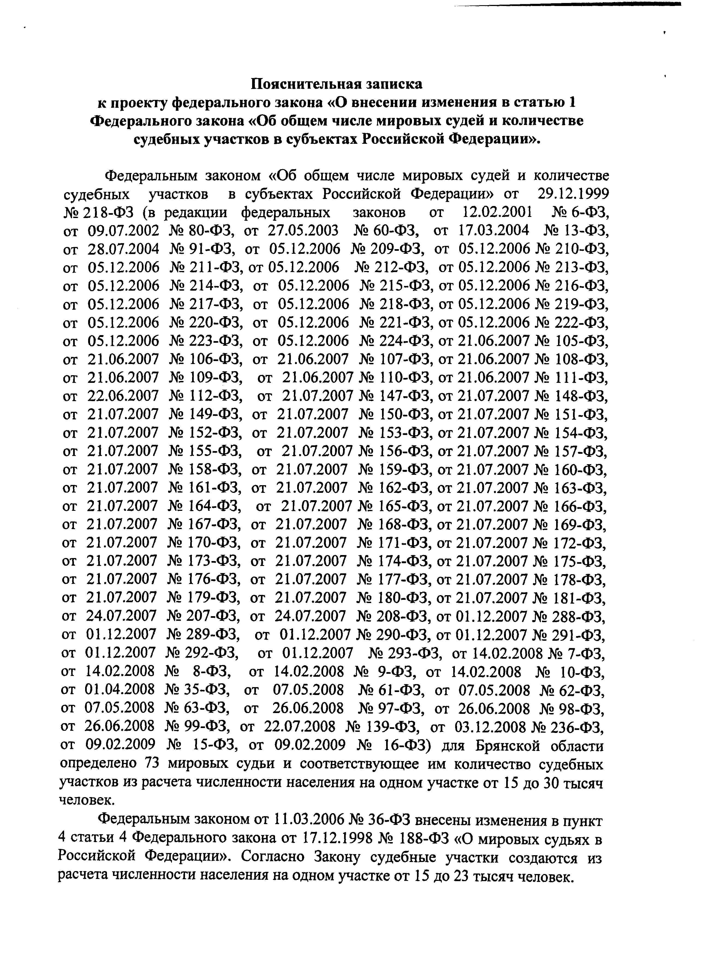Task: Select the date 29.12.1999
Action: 573,194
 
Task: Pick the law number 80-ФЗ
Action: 212,231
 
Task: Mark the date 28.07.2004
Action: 123,249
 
